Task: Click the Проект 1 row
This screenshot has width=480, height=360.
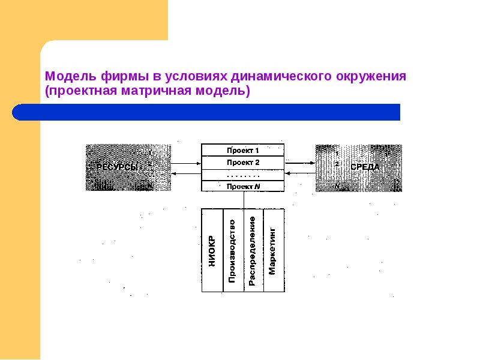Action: click(243, 151)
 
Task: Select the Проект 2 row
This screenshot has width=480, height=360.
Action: click(243, 163)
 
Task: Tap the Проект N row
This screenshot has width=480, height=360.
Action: click(243, 186)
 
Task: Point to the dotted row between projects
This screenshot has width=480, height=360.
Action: click(243, 175)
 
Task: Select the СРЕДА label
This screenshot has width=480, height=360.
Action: click(365, 167)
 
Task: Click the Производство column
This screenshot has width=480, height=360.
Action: click(233, 251)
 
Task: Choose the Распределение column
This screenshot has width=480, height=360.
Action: click(253, 251)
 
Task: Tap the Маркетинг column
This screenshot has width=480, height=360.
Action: click(273, 251)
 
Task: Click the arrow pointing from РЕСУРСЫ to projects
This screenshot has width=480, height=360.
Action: click(185, 162)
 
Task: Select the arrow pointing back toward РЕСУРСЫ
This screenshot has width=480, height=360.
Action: click(185, 174)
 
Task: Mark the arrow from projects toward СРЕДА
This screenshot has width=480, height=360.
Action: click(300, 162)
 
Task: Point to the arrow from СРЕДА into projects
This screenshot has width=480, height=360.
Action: click(300, 174)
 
